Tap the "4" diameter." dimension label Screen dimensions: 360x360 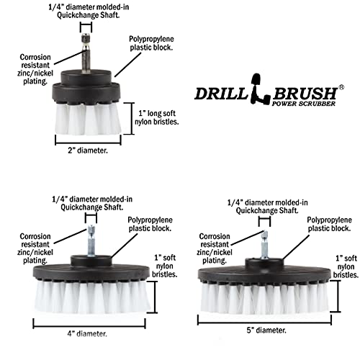coord(86,333)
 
